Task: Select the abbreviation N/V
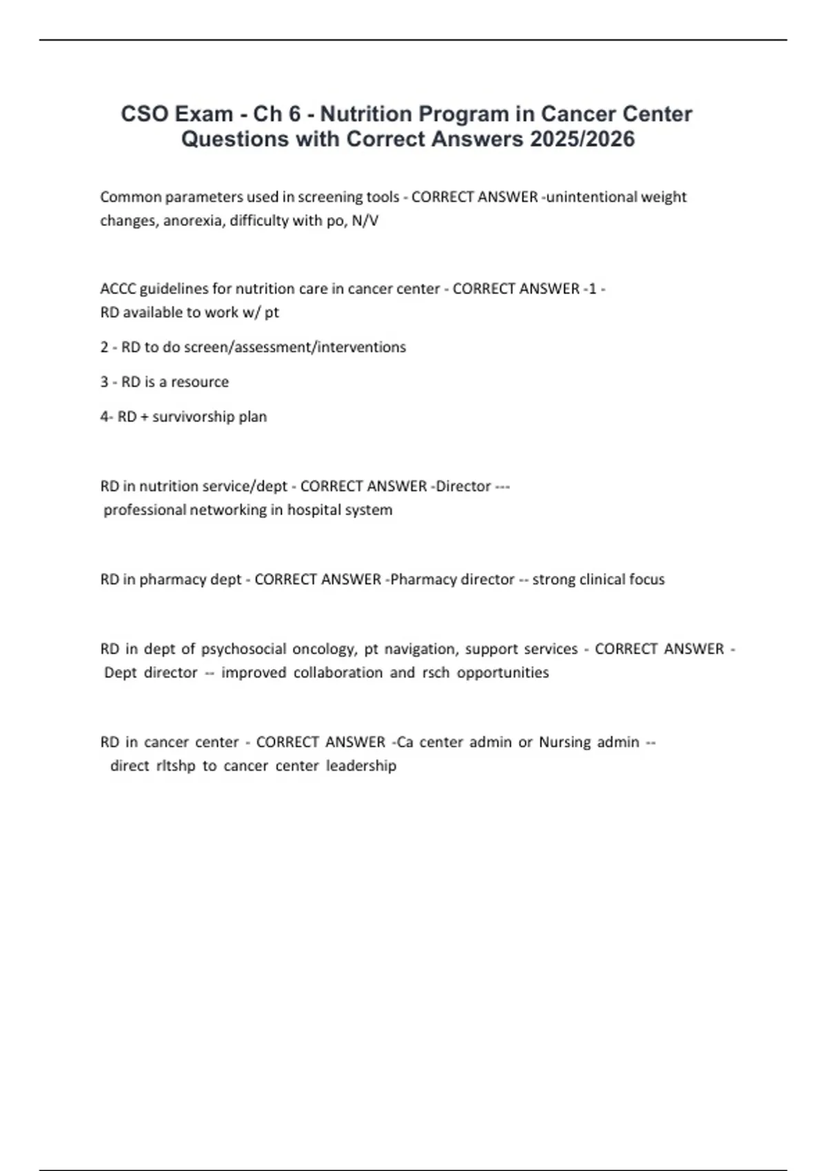pyautogui.click(x=365, y=220)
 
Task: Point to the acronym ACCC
pyautogui.click(x=118, y=289)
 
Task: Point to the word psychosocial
pyautogui.click(x=243, y=649)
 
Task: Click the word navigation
pyautogui.click(x=420, y=649)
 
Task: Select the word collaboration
pyautogui.click(x=338, y=672)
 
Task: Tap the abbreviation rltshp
pyautogui.click(x=176, y=766)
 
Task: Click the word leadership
pyautogui.click(x=361, y=766)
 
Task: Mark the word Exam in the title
pyautogui.click(x=203, y=114)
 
